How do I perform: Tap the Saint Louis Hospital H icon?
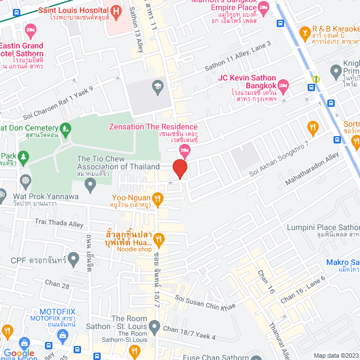point(116,10)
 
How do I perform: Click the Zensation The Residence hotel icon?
point(184,149)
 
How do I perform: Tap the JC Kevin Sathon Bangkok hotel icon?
point(283,84)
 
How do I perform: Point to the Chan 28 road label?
point(57,286)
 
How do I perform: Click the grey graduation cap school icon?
point(156,85)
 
